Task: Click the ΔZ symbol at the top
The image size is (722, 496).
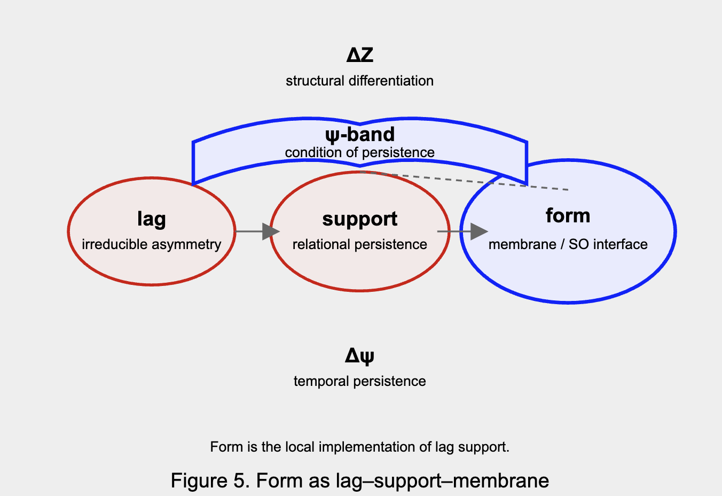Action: pyautogui.click(x=359, y=55)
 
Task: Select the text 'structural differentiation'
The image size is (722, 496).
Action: pyautogui.click(x=359, y=81)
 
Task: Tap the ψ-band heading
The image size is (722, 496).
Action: pyautogui.click(x=359, y=134)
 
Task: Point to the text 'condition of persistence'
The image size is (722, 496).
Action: pyautogui.click(x=359, y=152)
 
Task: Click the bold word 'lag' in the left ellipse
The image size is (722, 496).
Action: pyautogui.click(x=151, y=219)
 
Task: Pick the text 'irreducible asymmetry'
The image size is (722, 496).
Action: pyautogui.click(x=151, y=244)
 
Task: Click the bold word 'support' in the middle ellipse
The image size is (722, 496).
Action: pyautogui.click(x=359, y=219)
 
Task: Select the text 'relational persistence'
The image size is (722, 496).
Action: pyautogui.click(x=359, y=244)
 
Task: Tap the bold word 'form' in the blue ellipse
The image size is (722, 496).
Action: pyautogui.click(x=568, y=216)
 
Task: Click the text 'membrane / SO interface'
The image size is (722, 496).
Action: pyautogui.click(x=568, y=244)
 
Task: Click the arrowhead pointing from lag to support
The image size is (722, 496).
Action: pyautogui.click(x=271, y=231)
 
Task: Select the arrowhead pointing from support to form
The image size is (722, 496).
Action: pyautogui.click(x=479, y=231)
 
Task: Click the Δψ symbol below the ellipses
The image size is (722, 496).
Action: pyautogui.click(x=359, y=355)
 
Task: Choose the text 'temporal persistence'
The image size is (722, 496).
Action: pyautogui.click(x=359, y=381)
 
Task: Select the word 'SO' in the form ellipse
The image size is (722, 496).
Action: pyautogui.click(x=579, y=244)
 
